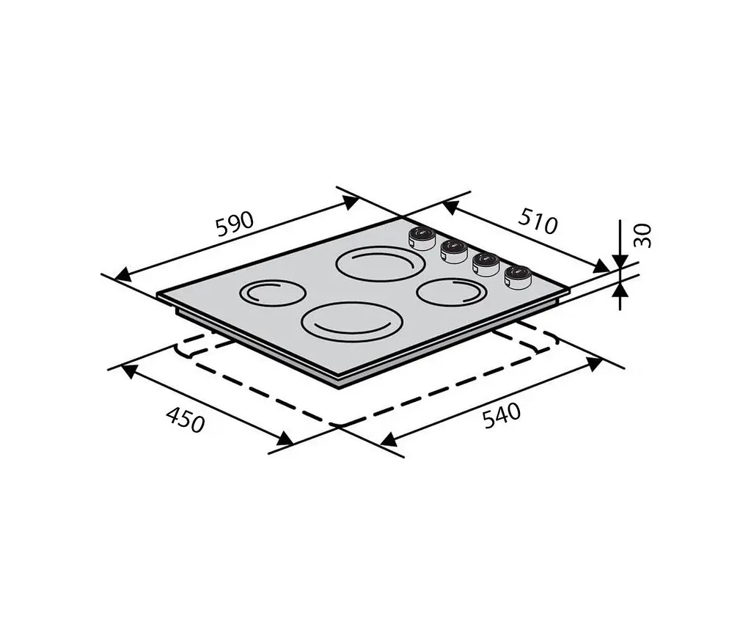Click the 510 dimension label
pos(538,222)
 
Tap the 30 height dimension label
pos(642,235)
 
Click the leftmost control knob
pos(421,238)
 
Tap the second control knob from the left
pos(453,251)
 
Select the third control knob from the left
pos(486,264)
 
